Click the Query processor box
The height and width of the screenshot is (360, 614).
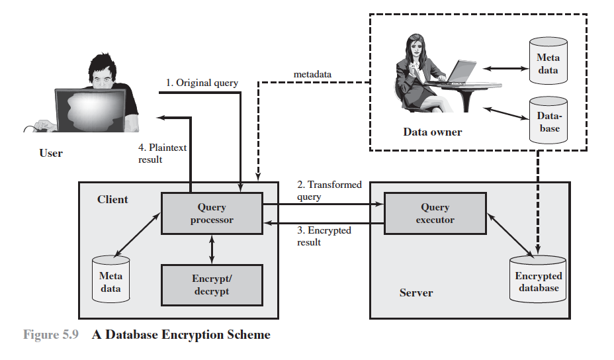pyautogui.click(x=212, y=213)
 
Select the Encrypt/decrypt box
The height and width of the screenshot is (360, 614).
pyautogui.click(x=212, y=285)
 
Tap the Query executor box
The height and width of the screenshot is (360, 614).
pyautogui.click(x=435, y=213)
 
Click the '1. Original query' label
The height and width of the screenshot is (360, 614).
pyautogui.click(x=202, y=83)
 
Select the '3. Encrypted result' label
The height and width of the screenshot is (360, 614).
pyautogui.click(x=324, y=236)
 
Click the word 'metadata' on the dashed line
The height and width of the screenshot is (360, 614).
pyautogui.click(x=312, y=73)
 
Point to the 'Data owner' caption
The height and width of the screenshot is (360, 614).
pyautogui.click(x=433, y=132)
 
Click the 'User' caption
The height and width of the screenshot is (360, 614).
pyautogui.click(x=51, y=154)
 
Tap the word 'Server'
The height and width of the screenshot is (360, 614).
pyautogui.click(x=416, y=292)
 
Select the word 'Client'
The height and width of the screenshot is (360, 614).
pyautogui.click(x=112, y=199)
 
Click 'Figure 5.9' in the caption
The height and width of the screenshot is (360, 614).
pyautogui.click(x=51, y=335)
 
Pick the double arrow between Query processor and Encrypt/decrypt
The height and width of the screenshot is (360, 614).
pyautogui.click(x=212, y=249)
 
